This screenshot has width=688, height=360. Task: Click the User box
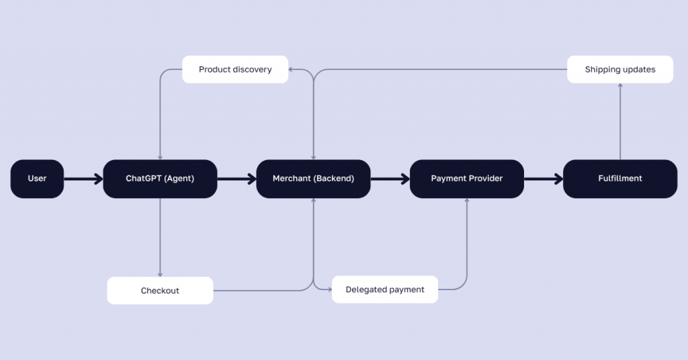pyautogui.click(x=37, y=179)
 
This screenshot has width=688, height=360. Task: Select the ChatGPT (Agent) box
pyautogui.click(x=160, y=179)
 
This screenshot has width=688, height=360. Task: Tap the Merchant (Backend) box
pyautogui.click(x=313, y=179)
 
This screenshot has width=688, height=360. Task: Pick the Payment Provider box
pyautogui.click(x=466, y=179)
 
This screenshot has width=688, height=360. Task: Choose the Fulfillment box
pyautogui.click(x=619, y=179)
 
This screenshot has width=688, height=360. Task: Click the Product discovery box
pyautogui.click(x=235, y=69)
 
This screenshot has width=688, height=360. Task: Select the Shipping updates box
pyautogui.click(x=619, y=69)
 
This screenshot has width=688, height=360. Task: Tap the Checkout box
pyautogui.click(x=160, y=291)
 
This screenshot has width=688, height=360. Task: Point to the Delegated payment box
pyautogui.click(x=385, y=289)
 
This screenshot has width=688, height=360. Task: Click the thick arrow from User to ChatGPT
pyautogui.click(x=83, y=179)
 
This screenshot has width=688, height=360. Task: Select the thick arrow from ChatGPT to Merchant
pyautogui.click(x=236, y=179)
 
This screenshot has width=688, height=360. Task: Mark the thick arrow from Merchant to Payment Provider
pyautogui.click(x=390, y=179)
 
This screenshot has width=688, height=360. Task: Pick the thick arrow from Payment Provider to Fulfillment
pyautogui.click(x=543, y=179)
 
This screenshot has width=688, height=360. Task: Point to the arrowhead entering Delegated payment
pyautogui.click(x=329, y=289)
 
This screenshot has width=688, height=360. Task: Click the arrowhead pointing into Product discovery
pyautogui.click(x=292, y=69)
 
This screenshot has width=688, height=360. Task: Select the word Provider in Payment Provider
pyautogui.click(x=485, y=179)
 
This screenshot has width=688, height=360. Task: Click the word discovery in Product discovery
pyautogui.click(x=252, y=69)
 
